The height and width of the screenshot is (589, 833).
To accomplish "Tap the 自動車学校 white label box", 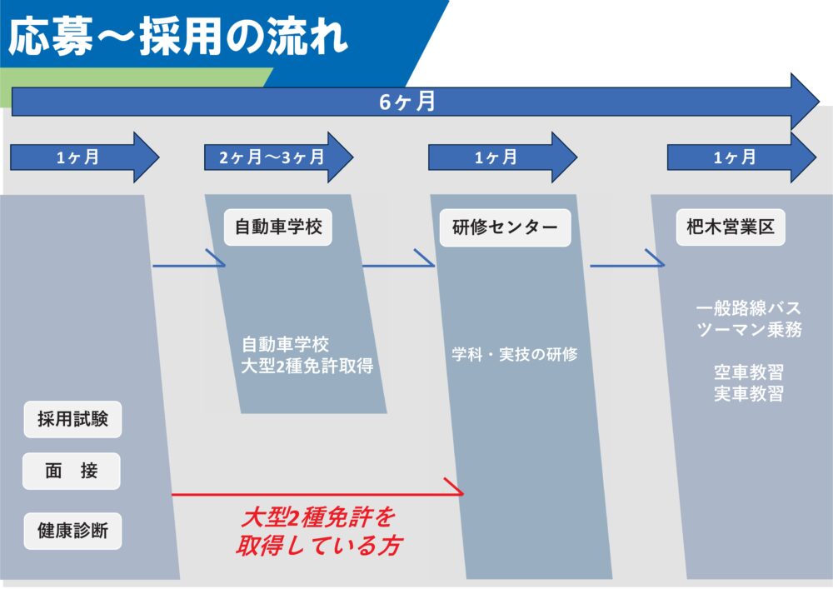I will (x=278, y=227).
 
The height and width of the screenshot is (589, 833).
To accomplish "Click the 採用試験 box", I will (x=72, y=419).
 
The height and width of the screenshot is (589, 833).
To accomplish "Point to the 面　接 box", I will (x=72, y=471).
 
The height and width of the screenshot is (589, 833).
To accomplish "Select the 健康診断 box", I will (x=72, y=531).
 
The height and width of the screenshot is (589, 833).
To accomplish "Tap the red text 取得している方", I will (x=317, y=547).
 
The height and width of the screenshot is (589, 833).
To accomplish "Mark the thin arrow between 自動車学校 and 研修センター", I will (x=398, y=266).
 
